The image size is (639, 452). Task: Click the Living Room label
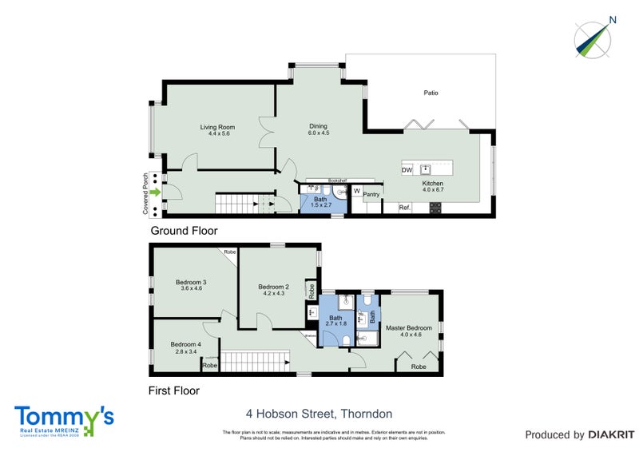(216, 127)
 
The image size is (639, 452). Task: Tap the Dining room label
(318, 126)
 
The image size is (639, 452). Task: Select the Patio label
(431, 93)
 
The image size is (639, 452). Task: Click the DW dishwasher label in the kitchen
(407, 170)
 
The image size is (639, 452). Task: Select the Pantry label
(371, 193)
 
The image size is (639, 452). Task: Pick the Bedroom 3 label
(191, 282)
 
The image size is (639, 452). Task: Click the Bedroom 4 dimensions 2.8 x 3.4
(185, 351)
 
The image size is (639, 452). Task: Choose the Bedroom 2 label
(273, 287)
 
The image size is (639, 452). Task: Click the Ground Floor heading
(184, 231)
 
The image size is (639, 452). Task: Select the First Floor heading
(174, 391)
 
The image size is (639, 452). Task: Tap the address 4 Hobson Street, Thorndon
(319, 414)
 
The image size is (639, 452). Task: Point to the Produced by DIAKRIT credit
(579, 435)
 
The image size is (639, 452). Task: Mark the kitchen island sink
(427, 169)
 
